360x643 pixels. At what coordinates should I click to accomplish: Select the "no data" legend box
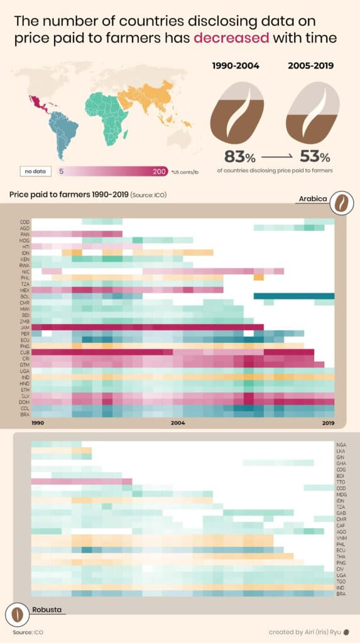tap(32, 171)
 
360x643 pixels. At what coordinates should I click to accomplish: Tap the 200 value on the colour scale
tap(159, 171)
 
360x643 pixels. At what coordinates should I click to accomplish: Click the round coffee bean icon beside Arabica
tap(342, 203)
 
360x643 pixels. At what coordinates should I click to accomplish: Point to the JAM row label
tap(25, 327)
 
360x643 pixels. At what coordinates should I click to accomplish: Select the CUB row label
tap(25, 352)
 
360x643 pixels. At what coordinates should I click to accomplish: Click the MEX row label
tap(25, 290)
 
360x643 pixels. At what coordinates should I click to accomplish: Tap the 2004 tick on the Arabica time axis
tap(178, 423)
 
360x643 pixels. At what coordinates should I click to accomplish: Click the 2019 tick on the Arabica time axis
tap(327, 423)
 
